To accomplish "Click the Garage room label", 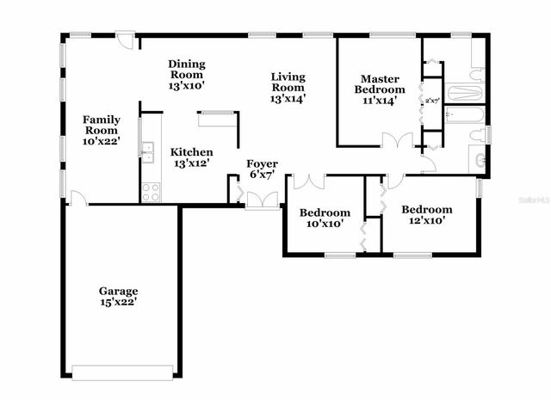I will (x=118, y=291).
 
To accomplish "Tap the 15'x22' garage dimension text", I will (x=118, y=302).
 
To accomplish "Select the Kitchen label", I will (x=191, y=151).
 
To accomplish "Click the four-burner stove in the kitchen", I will (x=150, y=192).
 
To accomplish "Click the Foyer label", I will (x=262, y=163).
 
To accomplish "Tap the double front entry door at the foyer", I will (x=262, y=200).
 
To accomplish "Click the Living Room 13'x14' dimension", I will (x=288, y=99).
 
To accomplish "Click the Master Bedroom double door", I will (x=399, y=139).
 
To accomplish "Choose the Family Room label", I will (x=101, y=125).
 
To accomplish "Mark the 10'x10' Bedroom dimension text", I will (x=324, y=224).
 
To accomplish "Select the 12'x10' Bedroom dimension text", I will (x=427, y=220).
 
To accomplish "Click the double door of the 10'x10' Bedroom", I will (x=308, y=182).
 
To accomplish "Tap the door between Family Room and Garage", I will (x=77, y=199).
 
